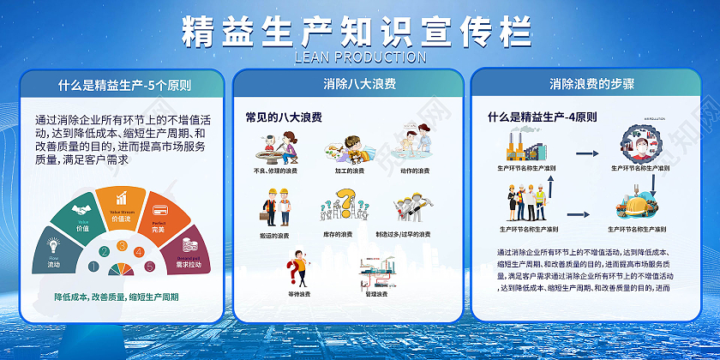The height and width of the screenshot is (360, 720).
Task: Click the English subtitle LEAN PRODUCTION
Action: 359,57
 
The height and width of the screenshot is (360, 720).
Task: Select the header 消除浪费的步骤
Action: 592,84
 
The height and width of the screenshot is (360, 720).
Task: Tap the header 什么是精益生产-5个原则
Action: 124,86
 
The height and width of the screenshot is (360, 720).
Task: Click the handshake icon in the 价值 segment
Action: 80,211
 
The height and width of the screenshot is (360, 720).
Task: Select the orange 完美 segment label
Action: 158,229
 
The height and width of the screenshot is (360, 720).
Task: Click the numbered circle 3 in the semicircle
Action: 122,247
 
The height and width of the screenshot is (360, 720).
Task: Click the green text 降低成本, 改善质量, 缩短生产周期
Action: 117,297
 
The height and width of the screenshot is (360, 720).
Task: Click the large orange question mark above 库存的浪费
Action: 344,203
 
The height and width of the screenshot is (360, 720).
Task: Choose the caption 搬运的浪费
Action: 274,234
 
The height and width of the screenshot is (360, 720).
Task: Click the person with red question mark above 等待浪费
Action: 297,267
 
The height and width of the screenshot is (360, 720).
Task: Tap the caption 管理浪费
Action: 376,295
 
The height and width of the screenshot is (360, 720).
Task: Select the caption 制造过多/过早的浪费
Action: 403,234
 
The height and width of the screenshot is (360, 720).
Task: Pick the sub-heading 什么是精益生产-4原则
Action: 542,117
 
